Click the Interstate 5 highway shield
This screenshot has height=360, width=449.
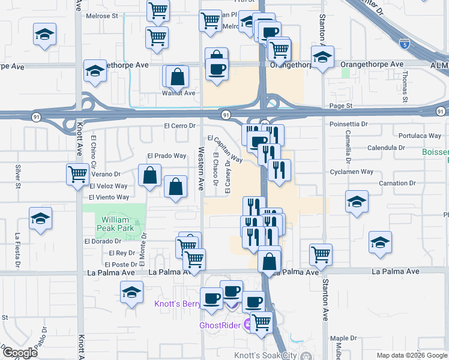point(404,44)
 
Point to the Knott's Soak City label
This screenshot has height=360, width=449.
point(273,355)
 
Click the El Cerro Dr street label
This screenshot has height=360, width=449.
point(181,126)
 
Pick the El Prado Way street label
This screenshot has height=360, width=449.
point(166,156)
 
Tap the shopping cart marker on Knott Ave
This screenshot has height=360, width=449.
point(77,175)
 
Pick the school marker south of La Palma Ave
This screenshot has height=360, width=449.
point(131,293)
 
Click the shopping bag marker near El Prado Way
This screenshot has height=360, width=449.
point(149,176)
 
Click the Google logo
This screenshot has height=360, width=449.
point(19,353)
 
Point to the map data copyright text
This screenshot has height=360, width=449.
point(412,355)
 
